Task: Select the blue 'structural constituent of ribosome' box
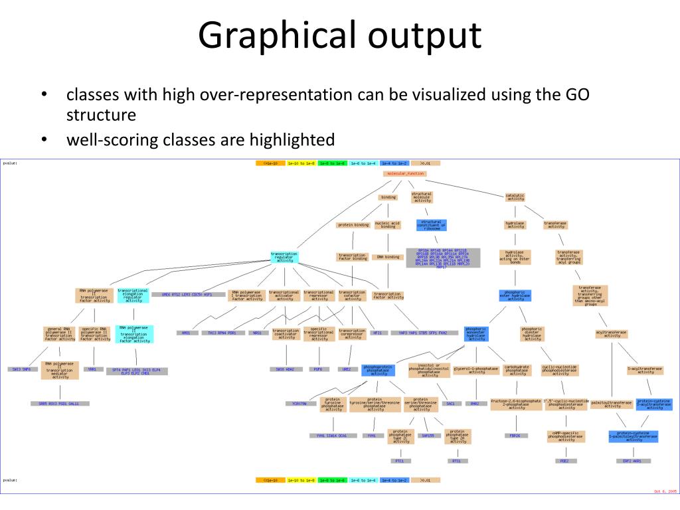point(432,225)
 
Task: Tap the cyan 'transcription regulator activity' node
point(285,256)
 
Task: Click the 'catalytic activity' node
point(515,197)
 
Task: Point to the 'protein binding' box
point(353,225)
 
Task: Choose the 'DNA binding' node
point(388,257)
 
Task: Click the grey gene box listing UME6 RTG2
point(182,294)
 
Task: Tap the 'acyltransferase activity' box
point(612,333)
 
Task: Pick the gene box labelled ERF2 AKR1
point(632,460)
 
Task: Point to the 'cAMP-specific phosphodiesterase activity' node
point(566,436)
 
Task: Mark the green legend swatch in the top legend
point(332,163)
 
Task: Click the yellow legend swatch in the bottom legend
point(301,479)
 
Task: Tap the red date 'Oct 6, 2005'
point(664,491)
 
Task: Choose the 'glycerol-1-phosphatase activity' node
point(477,369)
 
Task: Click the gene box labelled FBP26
point(515,436)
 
